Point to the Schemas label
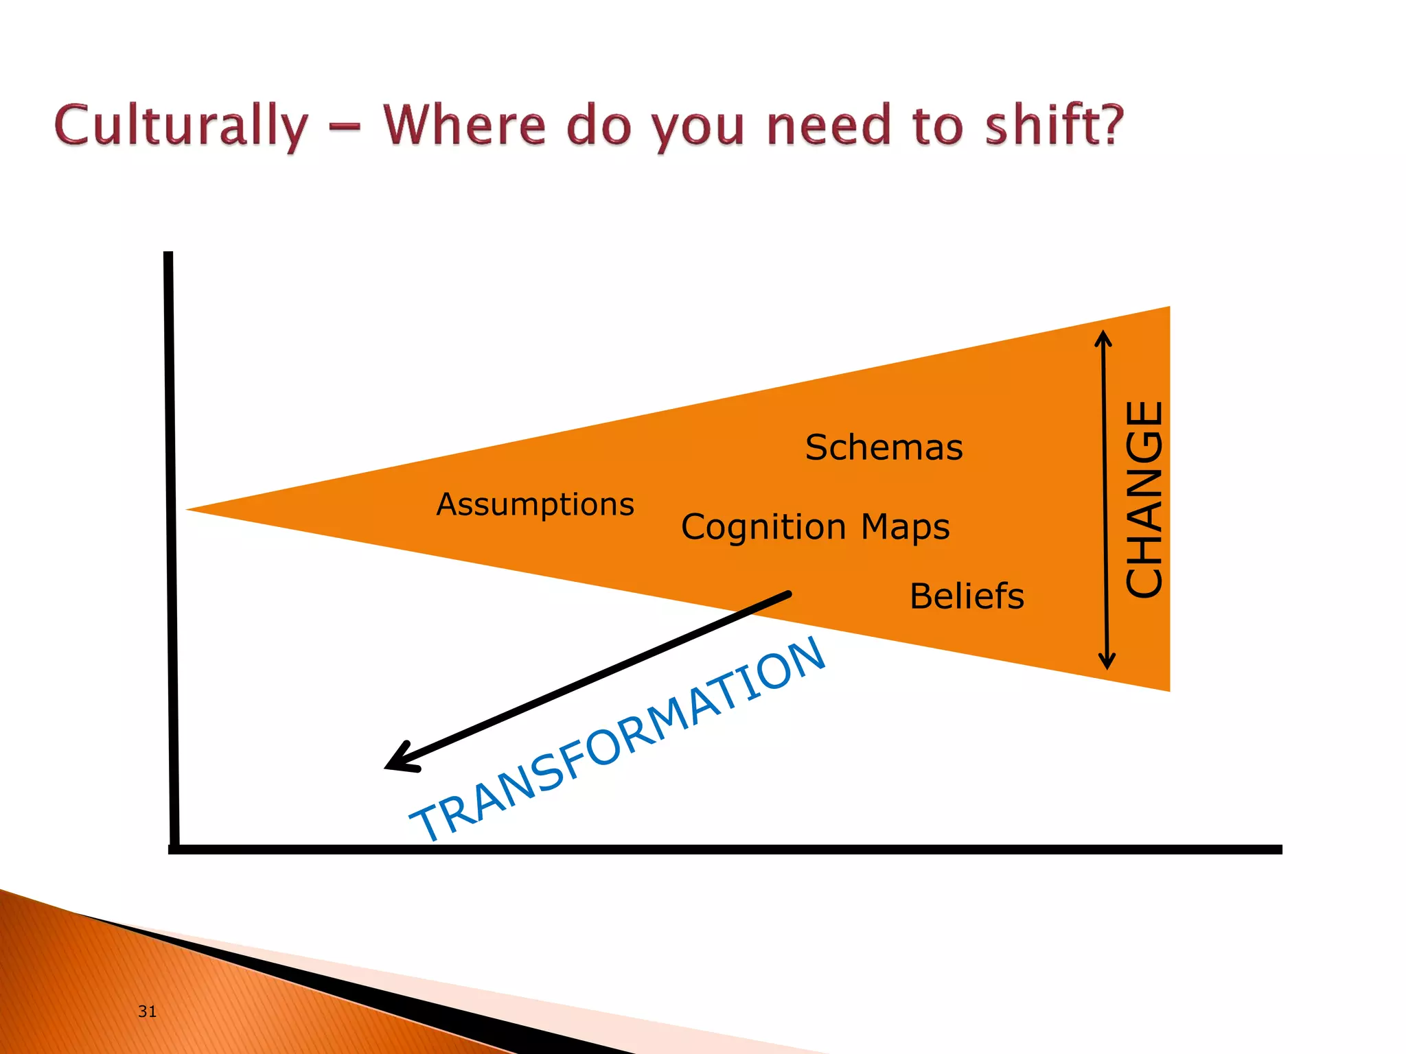tap(884, 447)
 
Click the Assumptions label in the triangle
tap(535, 504)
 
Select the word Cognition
tap(763, 527)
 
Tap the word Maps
tap(905, 527)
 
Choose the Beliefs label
tap(966, 596)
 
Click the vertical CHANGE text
tap(1144, 499)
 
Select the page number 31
tap(147, 1011)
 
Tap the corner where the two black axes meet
tap(174, 849)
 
